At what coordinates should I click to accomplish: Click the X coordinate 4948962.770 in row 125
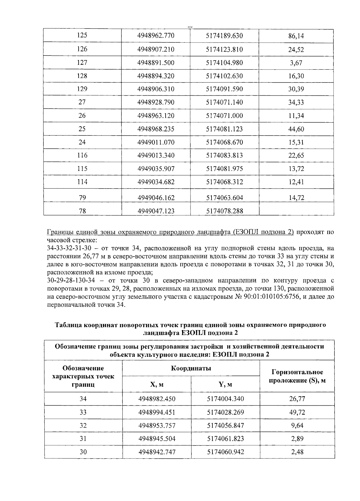point(156,36)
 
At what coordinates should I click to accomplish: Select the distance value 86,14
point(296,36)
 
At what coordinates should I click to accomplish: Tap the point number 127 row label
point(82,63)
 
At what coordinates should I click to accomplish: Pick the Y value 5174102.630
point(224,76)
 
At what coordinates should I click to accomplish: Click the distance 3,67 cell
point(296,63)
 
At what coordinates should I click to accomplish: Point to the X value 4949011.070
point(156,142)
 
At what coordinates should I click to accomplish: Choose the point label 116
point(82,155)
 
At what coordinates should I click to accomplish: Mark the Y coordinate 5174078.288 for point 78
point(224,211)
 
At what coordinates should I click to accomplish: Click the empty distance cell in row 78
point(296,209)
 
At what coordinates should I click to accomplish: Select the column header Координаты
point(191,368)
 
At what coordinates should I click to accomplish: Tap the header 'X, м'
point(157,384)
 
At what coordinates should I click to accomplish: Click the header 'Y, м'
point(225,384)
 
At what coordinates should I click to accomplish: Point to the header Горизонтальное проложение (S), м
point(297,376)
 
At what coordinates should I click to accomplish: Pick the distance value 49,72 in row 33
point(297,412)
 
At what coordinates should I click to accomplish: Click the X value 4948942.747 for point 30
point(157,452)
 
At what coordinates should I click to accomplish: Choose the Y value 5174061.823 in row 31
point(225,439)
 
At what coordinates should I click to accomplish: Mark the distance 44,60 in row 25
point(296,129)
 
